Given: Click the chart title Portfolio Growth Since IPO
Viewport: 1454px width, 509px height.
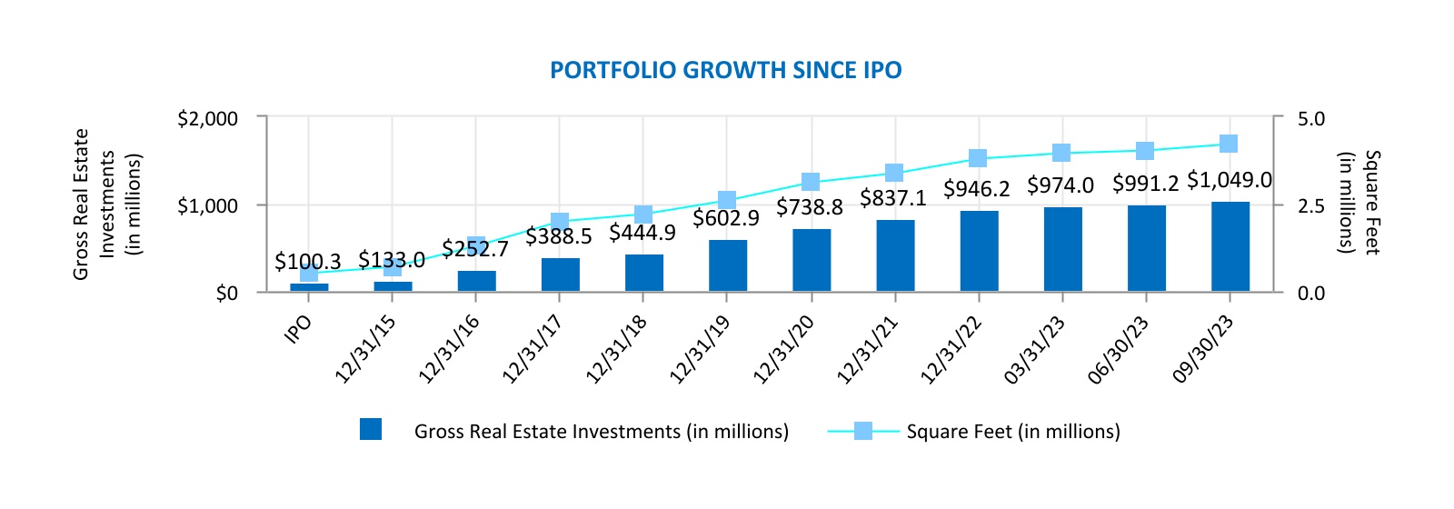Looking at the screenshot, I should (x=725, y=71).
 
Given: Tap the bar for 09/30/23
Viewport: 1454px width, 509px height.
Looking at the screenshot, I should (x=1230, y=246).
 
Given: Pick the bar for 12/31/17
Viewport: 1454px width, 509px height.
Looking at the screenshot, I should (x=560, y=274).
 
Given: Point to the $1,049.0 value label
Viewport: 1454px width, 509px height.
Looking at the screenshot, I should (x=1229, y=180).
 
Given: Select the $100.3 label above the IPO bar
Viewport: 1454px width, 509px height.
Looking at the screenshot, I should (x=307, y=263).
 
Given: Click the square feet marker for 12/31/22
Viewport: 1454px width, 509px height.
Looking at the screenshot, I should (x=978, y=158).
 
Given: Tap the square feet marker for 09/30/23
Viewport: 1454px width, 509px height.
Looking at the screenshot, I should (x=1229, y=144).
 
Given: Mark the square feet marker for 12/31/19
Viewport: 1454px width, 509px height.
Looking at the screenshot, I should (x=727, y=200).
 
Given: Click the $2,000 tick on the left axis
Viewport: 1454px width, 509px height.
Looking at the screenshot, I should (x=207, y=118).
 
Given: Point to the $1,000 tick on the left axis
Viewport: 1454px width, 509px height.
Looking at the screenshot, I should (x=207, y=206).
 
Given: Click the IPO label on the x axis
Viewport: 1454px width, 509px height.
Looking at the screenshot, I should (x=298, y=328).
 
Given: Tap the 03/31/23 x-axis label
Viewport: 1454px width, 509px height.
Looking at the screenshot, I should (x=1035, y=350).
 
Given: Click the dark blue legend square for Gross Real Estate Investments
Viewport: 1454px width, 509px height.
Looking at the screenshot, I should (x=371, y=430).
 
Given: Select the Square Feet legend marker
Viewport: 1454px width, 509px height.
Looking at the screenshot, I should (x=862, y=431).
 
